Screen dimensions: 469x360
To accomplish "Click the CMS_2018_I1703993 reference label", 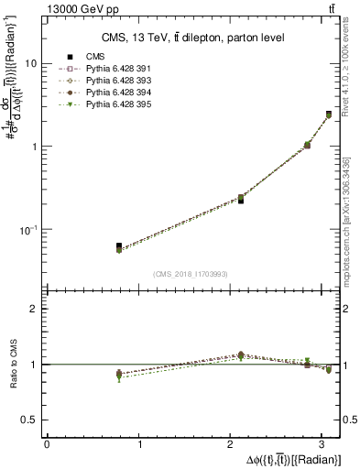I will pos(191,273).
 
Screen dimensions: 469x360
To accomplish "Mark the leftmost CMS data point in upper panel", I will pos(119,246).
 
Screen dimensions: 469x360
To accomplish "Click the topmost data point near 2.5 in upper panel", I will pos(329,115).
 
